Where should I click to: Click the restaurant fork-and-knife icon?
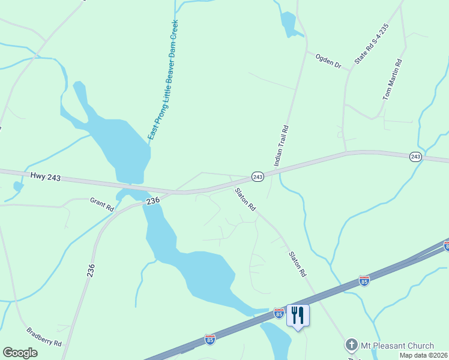298,314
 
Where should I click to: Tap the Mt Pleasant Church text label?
397,346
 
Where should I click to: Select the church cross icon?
351,345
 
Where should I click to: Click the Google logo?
20,353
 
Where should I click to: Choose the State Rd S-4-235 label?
372,45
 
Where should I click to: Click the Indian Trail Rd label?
282,145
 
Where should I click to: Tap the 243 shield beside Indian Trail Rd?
257,176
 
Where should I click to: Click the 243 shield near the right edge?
415,157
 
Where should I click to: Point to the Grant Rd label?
102,204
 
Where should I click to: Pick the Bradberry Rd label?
44,337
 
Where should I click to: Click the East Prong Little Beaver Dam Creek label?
164,79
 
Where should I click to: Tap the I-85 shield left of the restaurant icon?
279,313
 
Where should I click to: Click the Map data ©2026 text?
423,355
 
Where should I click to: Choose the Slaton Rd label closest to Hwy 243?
246,199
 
